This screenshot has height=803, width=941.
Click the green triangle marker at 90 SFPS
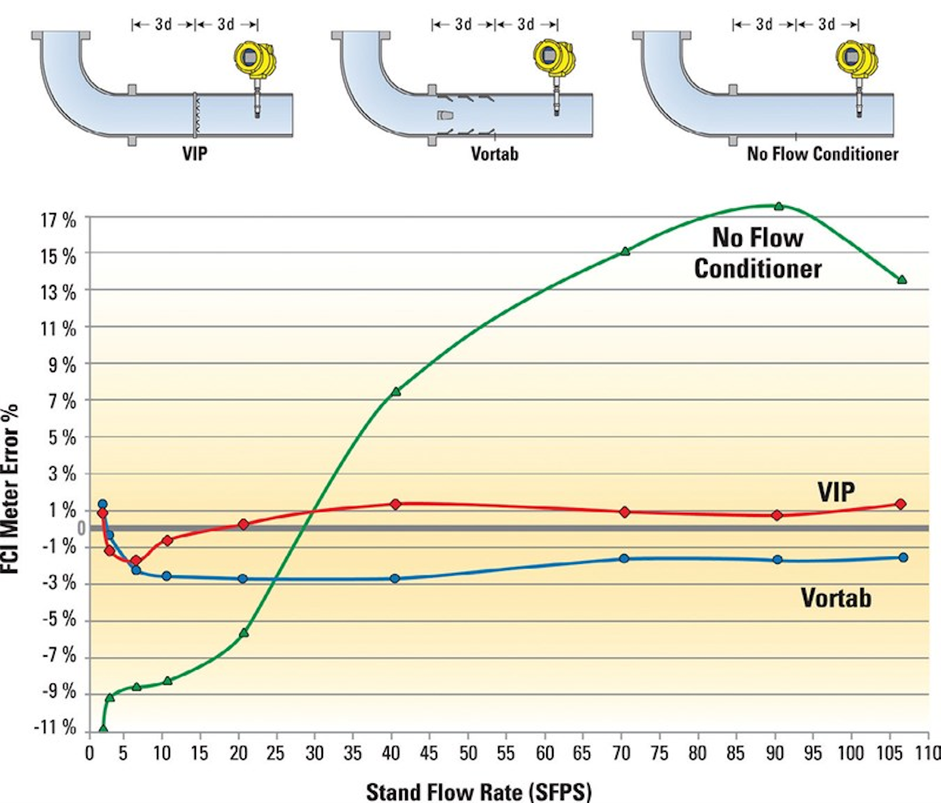[x=778, y=206]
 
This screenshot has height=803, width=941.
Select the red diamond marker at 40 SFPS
[x=395, y=504]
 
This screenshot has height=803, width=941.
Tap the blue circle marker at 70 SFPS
[x=624, y=559]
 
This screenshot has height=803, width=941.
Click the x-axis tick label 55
[x=505, y=753]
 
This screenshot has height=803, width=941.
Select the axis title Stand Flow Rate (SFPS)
[x=478, y=791]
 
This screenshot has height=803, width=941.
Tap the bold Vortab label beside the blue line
[x=836, y=598]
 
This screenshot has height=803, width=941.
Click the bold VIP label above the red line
[x=836, y=491]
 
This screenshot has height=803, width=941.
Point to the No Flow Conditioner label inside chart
[x=758, y=253]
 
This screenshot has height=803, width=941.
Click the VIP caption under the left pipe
[x=195, y=154]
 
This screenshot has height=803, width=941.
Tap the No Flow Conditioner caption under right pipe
[x=823, y=154]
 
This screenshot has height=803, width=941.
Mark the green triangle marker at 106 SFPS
[x=902, y=280]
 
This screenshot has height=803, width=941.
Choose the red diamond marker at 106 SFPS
[x=900, y=504]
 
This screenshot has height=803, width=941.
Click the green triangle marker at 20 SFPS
[x=244, y=632]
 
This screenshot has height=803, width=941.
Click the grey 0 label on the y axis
[x=81, y=528]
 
